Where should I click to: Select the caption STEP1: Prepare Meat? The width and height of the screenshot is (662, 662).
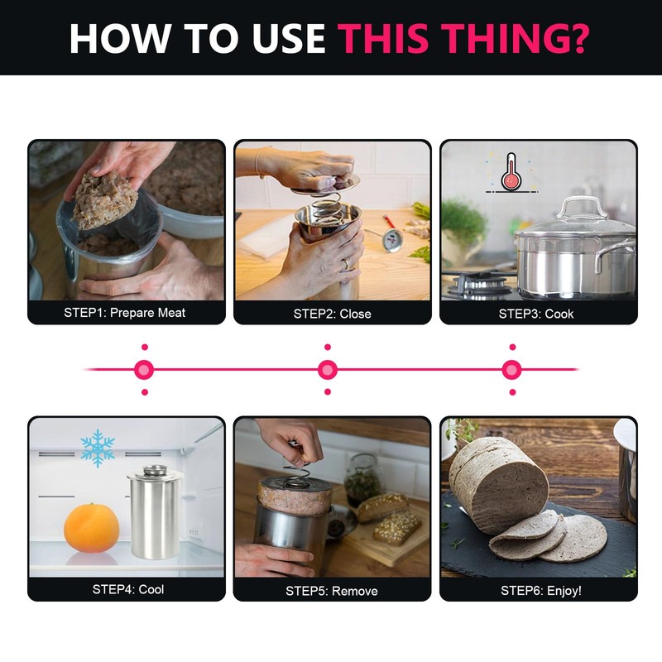(125, 313)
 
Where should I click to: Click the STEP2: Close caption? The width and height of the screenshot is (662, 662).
(333, 314)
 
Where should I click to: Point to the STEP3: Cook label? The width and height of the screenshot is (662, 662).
(536, 314)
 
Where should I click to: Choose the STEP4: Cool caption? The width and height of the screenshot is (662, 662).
(128, 589)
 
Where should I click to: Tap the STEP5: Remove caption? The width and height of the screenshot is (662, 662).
(332, 591)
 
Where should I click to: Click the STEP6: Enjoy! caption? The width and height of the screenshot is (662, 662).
(541, 590)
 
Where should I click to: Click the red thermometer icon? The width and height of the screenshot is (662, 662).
(511, 172)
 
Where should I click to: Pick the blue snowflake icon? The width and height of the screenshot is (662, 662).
(98, 448)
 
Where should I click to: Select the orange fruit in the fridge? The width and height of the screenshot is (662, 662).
(92, 528)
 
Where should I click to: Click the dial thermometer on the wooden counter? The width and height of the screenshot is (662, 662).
(392, 239)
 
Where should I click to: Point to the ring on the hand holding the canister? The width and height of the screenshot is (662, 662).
(346, 264)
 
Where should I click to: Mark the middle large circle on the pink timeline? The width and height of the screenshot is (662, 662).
(328, 370)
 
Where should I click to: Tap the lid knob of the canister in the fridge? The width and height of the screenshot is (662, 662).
(155, 469)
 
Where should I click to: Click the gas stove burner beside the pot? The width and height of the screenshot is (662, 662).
(479, 284)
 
